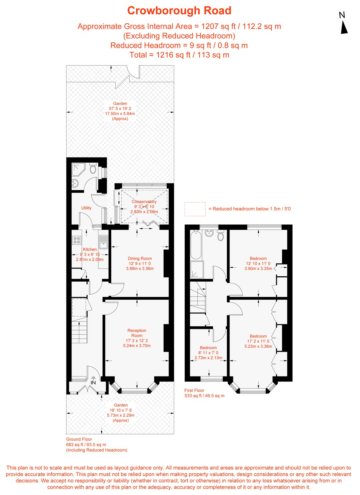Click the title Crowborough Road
coord(179,11)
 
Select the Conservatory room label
coord(144,202)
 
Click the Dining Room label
coord(140,259)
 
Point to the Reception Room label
coord(137,333)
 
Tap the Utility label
coord(86,208)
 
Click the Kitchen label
coord(90,249)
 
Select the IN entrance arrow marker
coord(93,381)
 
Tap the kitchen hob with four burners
coord(76,240)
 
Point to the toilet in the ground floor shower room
coord(92,169)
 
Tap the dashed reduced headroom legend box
coord(195,209)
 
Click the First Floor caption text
coord(194,390)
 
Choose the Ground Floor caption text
coord(79,439)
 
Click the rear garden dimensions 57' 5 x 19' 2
coord(120,109)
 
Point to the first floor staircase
coord(198,297)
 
